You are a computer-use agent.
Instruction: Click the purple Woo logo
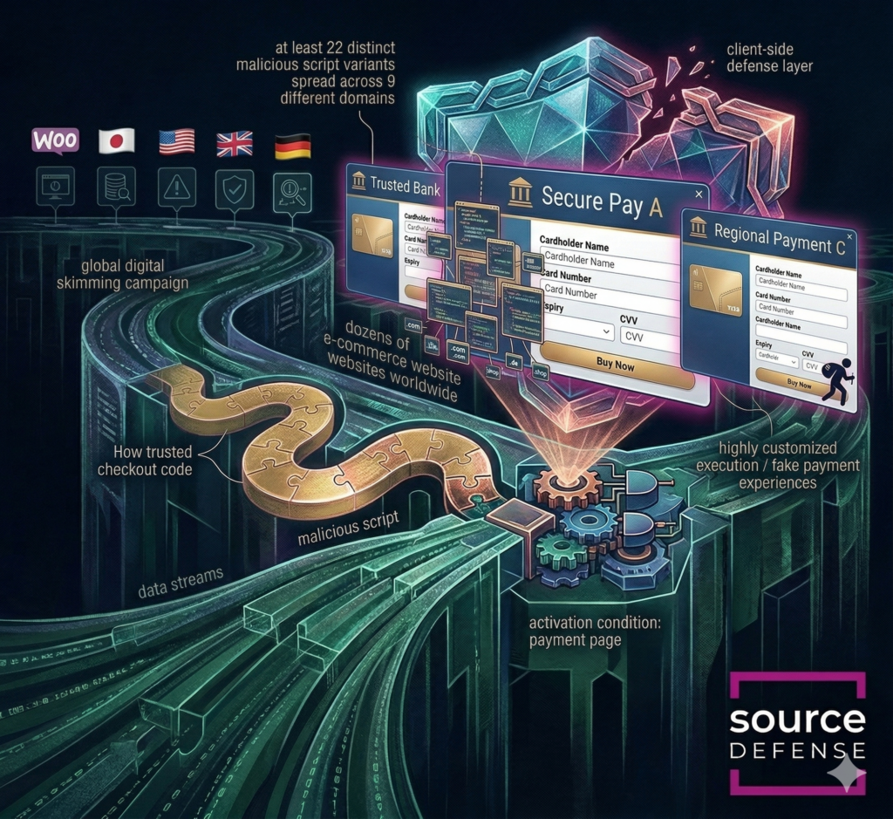click(x=55, y=140)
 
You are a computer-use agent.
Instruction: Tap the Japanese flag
click(x=116, y=141)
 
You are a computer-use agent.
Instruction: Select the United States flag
click(x=176, y=142)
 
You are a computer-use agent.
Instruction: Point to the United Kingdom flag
click(x=234, y=143)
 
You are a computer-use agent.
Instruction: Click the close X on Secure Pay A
click(x=699, y=194)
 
